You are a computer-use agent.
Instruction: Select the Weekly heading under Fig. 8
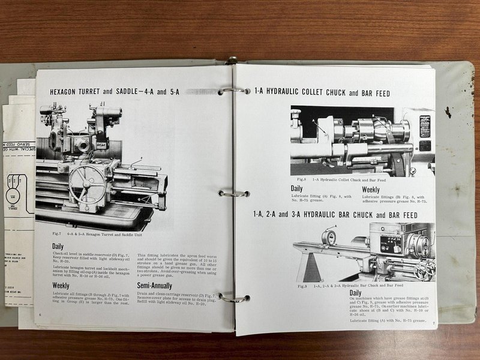pyautogui.click(x=374, y=190)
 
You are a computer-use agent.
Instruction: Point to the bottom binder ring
pyautogui.click(x=233, y=298)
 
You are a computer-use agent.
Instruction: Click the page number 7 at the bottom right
pyautogui.click(x=433, y=325)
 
